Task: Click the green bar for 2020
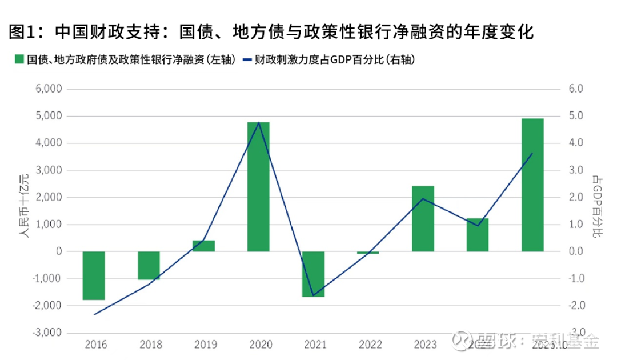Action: (258, 187)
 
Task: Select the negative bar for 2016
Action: (94, 275)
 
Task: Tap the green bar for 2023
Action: (423, 219)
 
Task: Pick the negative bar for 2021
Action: (313, 274)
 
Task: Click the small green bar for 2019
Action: (203, 246)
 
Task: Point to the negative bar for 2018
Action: (149, 265)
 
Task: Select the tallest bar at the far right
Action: (532, 185)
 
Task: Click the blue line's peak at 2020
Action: (259, 123)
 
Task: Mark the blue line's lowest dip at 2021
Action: (313, 295)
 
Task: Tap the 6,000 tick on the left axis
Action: (49, 89)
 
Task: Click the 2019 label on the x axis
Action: (205, 345)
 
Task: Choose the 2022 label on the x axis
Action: (370, 345)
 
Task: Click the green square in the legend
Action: (18, 59)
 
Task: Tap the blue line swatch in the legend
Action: (247, 59)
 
